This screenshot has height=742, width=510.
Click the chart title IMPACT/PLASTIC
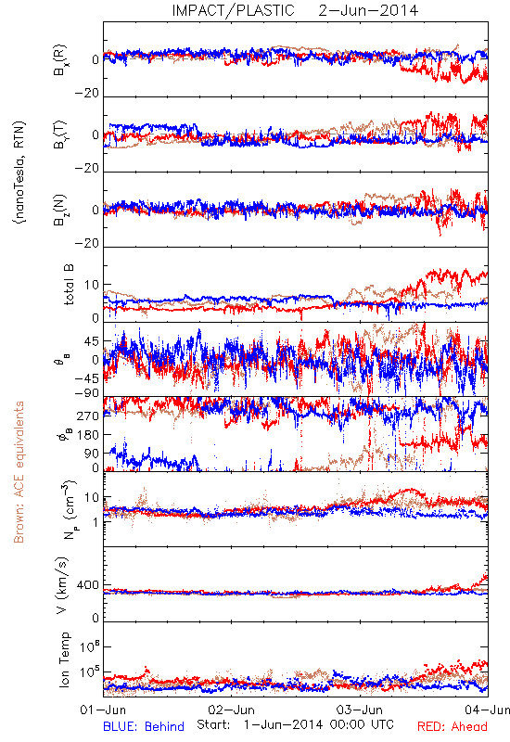234,10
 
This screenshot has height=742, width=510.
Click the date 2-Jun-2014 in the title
368,10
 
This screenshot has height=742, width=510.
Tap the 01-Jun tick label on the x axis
103,710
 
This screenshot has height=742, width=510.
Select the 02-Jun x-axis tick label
232,710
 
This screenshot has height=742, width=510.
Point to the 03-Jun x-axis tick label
360,710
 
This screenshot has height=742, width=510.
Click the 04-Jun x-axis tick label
488,710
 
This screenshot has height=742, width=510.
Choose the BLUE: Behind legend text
144,726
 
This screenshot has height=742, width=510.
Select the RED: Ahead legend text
453,726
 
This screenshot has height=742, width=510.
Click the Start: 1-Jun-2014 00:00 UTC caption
295,725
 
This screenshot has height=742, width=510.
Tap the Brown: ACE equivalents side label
19,472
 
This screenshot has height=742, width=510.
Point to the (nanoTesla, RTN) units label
19,173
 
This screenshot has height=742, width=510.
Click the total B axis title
68,285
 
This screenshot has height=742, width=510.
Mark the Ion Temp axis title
64,659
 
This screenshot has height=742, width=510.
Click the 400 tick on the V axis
88,585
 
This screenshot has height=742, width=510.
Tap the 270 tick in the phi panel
88,416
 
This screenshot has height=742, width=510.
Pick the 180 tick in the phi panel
88,435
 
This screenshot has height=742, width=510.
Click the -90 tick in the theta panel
87,393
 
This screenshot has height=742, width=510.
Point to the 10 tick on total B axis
92,285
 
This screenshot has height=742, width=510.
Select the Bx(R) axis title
61,60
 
